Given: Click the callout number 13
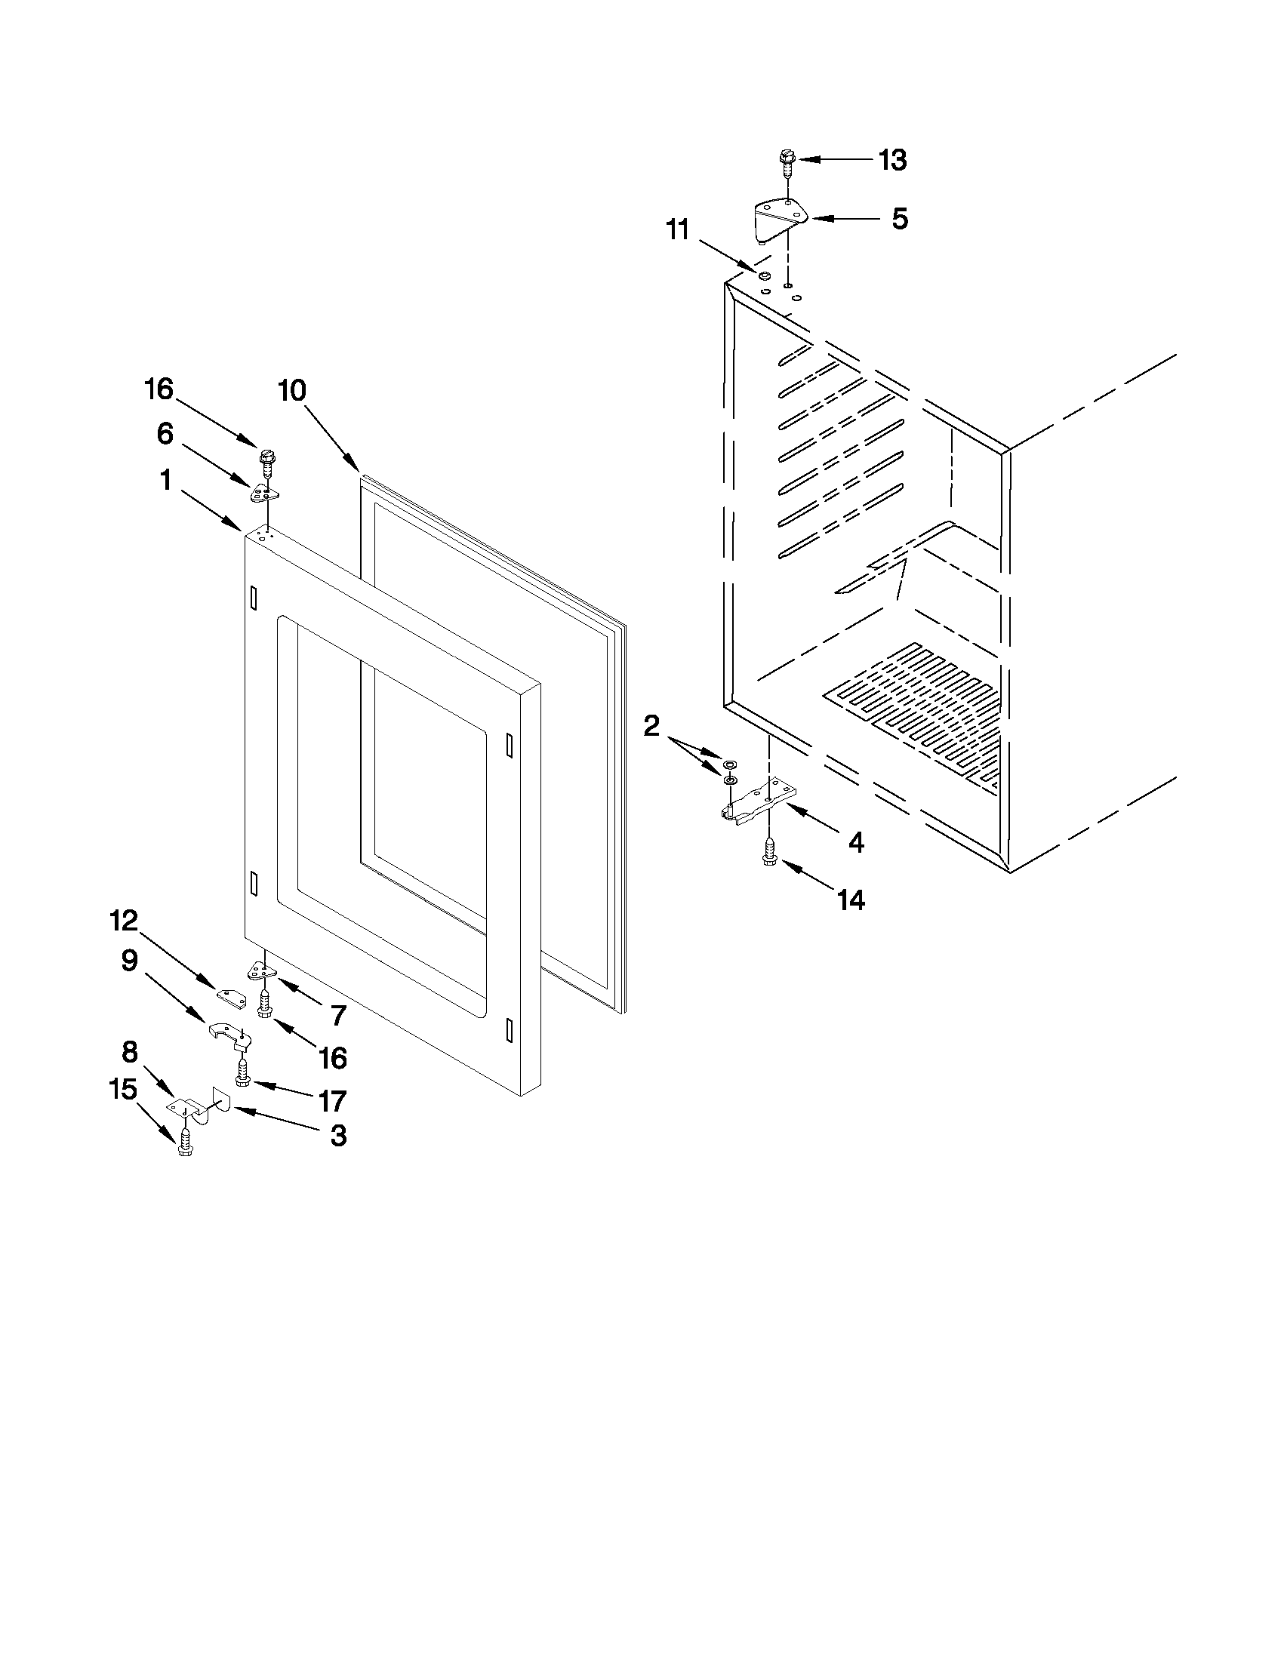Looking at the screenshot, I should point(893,161).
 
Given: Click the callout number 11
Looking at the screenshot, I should point(677,229).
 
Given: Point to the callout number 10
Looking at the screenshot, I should point(291,391).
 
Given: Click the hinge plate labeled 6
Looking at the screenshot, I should point(264,492).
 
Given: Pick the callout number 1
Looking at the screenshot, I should point(165,480).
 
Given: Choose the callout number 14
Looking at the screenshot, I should point(851,900).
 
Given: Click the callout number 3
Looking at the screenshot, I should point(338,1137).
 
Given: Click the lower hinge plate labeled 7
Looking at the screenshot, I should point(260,970).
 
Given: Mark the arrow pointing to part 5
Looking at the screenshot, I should point(845,219).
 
